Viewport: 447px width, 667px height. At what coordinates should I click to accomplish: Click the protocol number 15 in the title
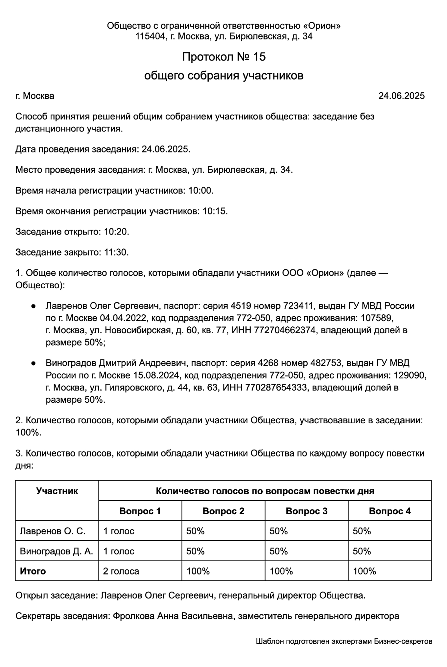tap(259, 57)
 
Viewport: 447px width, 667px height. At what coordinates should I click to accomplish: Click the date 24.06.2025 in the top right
tap(401, 96)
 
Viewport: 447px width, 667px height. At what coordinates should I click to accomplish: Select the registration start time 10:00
tap(201, 191)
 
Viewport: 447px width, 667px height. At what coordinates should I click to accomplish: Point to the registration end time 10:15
tap(215, 211)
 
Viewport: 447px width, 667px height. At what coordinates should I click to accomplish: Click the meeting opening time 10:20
tap(116, 232)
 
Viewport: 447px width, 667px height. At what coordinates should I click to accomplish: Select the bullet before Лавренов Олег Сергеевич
tap(33, 306)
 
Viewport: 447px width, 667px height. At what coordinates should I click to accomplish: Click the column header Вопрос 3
tap(306, 511)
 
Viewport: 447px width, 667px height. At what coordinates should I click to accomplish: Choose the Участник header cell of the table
tap(57, 491)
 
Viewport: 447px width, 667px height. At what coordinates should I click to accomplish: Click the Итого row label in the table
tap(33, 571)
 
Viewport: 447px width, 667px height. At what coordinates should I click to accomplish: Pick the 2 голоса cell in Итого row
tap(121, 571)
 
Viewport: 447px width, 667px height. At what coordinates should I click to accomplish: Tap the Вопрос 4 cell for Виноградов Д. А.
tap(362, 551)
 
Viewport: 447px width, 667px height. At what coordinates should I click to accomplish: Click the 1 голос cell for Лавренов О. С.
tap(119, 531)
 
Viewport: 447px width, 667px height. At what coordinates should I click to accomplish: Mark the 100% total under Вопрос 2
tap(198, 571)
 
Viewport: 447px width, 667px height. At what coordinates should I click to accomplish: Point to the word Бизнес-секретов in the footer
tap(403, 641)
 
